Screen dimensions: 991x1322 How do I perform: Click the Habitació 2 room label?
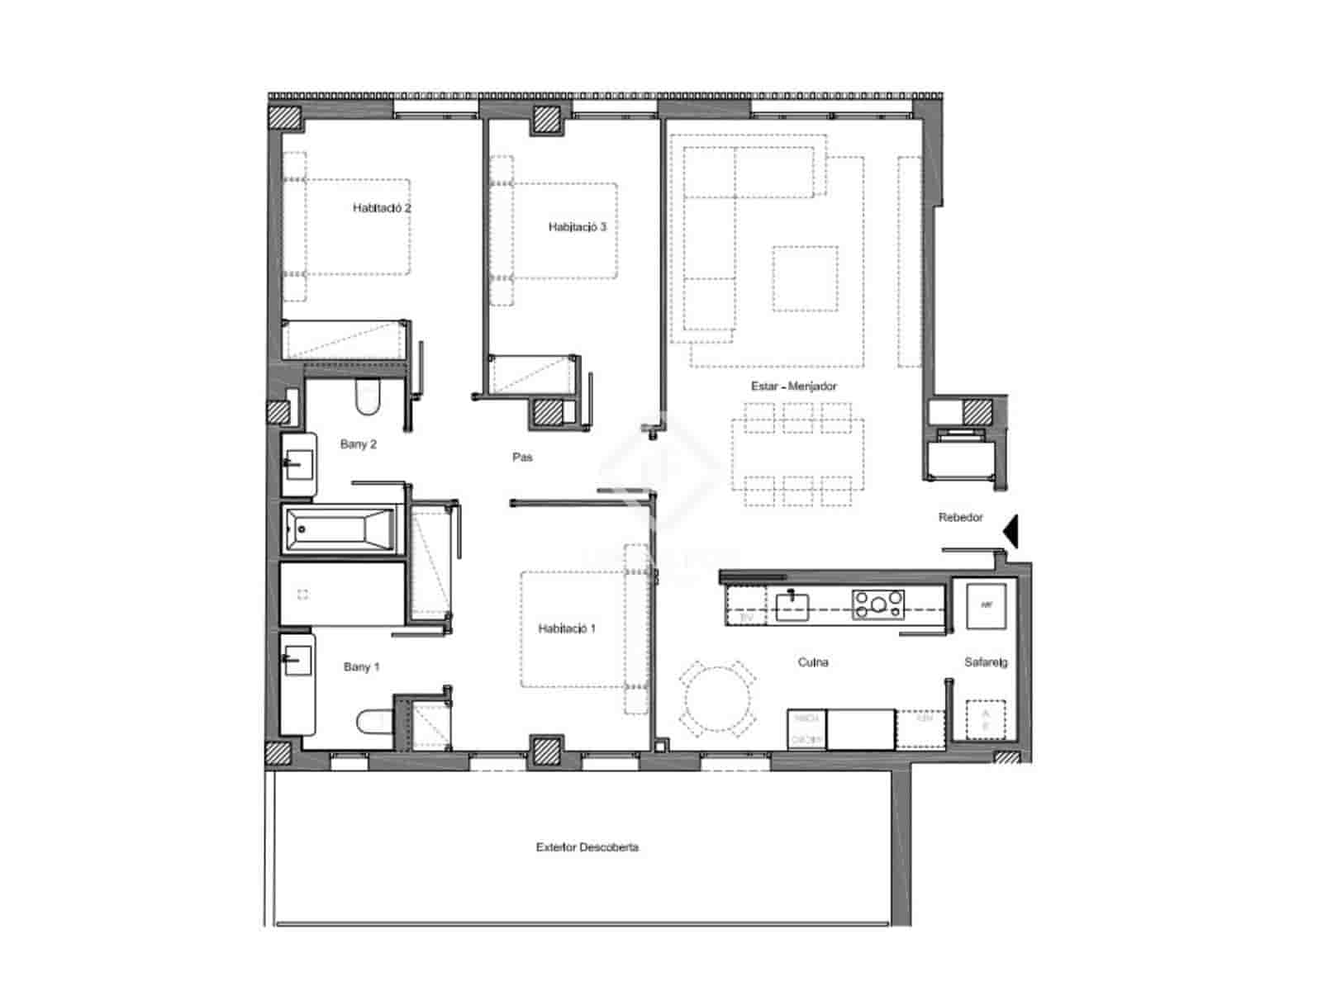[381, 208]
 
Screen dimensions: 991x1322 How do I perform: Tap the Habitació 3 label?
[577, 227]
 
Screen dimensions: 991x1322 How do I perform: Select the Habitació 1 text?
[567, 628]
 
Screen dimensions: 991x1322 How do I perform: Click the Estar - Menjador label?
[793, 386]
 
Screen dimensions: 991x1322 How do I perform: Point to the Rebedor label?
[960, 518]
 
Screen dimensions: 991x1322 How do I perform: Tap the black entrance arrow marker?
[1011, 531]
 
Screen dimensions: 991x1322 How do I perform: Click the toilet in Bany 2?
[368, 398]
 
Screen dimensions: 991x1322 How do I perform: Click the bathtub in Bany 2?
[340, 529]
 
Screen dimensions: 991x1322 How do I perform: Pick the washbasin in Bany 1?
[297, 661]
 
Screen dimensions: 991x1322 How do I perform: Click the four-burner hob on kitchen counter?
[877, 605]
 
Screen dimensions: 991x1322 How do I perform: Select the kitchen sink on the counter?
[792, 605]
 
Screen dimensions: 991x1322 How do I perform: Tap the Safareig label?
[985, 662]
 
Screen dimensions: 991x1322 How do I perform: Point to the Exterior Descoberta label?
[587, 847]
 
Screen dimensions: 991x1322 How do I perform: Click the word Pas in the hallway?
[522, 458]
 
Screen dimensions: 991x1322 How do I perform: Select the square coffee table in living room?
[805, 278]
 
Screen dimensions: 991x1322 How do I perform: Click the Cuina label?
[813, 662]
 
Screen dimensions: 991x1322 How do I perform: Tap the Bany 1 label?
[361, 667]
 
